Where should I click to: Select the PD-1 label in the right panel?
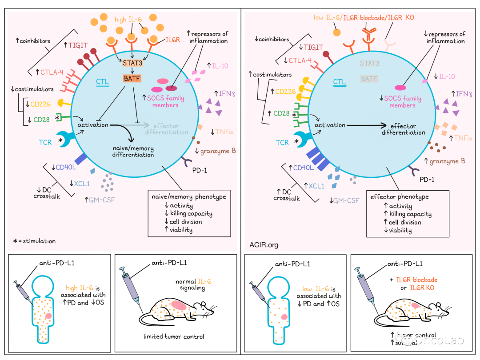coord(428,180)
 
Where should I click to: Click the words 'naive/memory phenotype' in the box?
coord(189,196)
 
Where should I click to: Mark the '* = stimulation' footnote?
coord(35,241)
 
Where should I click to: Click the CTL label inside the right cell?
coord(340,82)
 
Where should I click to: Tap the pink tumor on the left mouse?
coord(179,305)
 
